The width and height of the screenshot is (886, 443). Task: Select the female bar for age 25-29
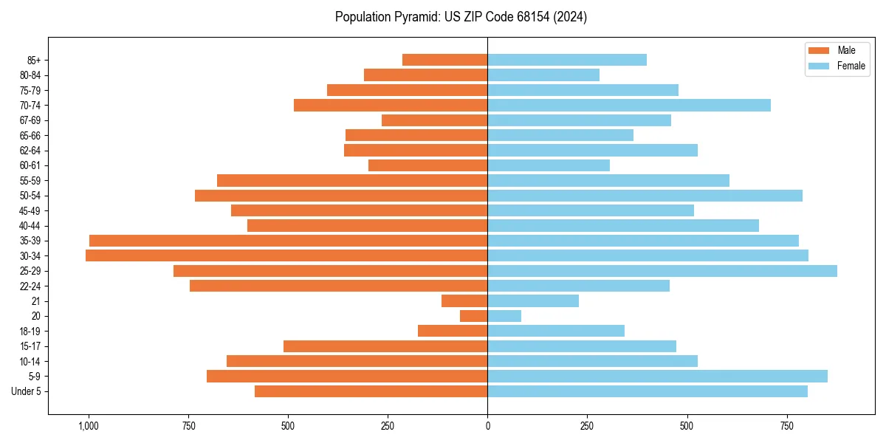point(662,271)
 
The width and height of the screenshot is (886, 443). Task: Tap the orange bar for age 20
point(473,316)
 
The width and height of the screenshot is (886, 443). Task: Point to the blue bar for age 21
point(533,301)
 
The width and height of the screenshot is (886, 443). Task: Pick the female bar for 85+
point(567,60)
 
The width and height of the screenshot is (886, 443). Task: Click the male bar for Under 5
point(371,391)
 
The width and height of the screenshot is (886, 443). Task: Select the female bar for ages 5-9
point(657,377)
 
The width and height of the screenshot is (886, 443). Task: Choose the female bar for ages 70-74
point(629,105)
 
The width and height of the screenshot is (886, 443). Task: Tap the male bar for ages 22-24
point(338,286)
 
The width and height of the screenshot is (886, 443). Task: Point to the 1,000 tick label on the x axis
point(89,426)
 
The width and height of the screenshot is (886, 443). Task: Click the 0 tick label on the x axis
point(487,426)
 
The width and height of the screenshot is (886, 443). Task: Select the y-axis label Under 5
point(27,391)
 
